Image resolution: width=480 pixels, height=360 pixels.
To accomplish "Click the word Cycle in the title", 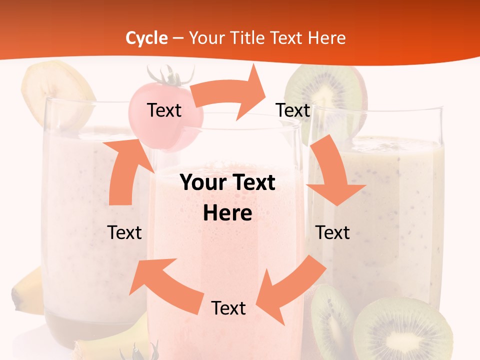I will pyautogui.click(x=146, y=38).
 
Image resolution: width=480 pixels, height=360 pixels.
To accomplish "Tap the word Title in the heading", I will pyautogui.click(x=249, y=38).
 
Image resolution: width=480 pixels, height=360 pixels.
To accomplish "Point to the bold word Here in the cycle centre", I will pyautogui.click(x=227, y=213).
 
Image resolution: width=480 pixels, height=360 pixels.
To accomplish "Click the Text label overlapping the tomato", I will pyautogui.click(x=164, y=110).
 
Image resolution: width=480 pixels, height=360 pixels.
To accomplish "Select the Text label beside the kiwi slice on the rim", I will pyautogui.click(x=293, y=110).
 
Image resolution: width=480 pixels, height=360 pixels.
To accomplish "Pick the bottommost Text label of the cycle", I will pyautogui.click(x=228, y=308).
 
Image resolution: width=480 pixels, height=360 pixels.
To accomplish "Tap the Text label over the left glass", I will pyautogui.click(x=124, y=232).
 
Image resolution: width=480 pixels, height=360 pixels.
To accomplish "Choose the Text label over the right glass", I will pyautogui.click(x=332, y=232).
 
